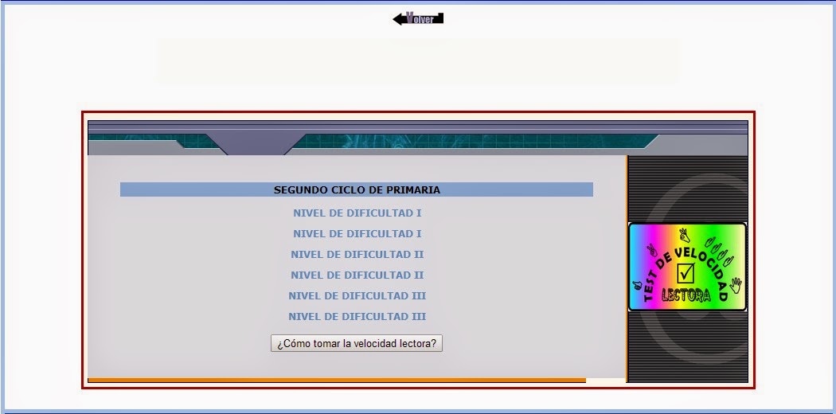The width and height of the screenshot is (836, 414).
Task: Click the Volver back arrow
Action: [418, 18]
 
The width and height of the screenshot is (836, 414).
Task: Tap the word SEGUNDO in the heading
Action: [299, 190]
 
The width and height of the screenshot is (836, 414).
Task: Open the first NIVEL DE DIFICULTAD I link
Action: [357, 213]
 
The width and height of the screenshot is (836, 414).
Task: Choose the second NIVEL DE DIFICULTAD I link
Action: [357, 234]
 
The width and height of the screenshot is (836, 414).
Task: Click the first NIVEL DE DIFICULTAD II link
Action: [357, 255]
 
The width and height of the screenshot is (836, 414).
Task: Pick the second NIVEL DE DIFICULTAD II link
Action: [357, 275]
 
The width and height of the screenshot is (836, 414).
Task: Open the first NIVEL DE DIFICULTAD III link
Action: [357, 296]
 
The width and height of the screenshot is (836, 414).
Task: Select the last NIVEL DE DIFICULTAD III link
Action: [357, 317]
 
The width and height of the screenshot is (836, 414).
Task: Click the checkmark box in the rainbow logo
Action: [686, 273]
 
